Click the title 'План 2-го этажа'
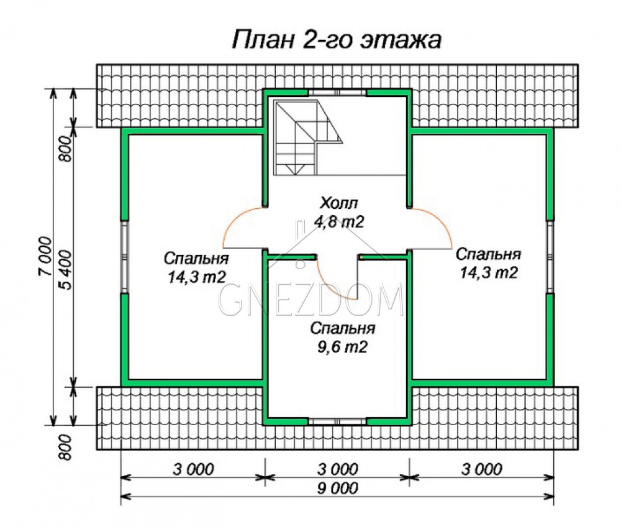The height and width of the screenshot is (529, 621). point(336,40)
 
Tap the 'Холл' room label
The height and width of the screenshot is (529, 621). point(338,203)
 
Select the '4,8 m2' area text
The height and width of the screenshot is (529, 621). point(338,222)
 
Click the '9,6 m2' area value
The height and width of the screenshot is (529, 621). point(342,347)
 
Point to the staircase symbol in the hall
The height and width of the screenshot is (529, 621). point(307,137)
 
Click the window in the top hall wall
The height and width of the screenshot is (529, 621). point(337,93)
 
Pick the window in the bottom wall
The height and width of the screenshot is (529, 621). point(337,421)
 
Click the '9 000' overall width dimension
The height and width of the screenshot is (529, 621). point(337,489)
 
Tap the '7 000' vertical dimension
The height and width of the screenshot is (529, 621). point(45,256)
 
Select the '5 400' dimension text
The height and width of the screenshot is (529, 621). point(66,270)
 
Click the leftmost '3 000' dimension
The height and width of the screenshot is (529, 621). point(193,469)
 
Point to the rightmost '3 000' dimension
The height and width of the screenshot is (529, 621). point(482,469)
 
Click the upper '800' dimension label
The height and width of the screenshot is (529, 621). point(66,149)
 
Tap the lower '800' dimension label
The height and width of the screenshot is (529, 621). point(66,448)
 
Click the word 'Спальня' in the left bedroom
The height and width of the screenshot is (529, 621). point(196,259)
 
